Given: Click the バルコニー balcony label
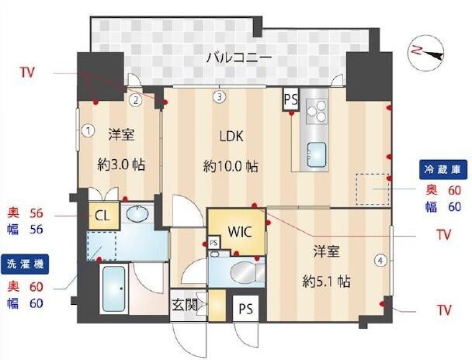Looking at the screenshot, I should pos(238,57).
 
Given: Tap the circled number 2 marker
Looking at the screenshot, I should pos(135,99).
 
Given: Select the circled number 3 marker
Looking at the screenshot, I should pos(220,97).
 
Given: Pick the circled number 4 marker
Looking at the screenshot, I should pos(380,261).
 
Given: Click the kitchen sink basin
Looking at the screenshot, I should pos(316,151).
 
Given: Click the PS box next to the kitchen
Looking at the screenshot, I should pos(291,99).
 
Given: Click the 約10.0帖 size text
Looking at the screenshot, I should pos(231,166).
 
